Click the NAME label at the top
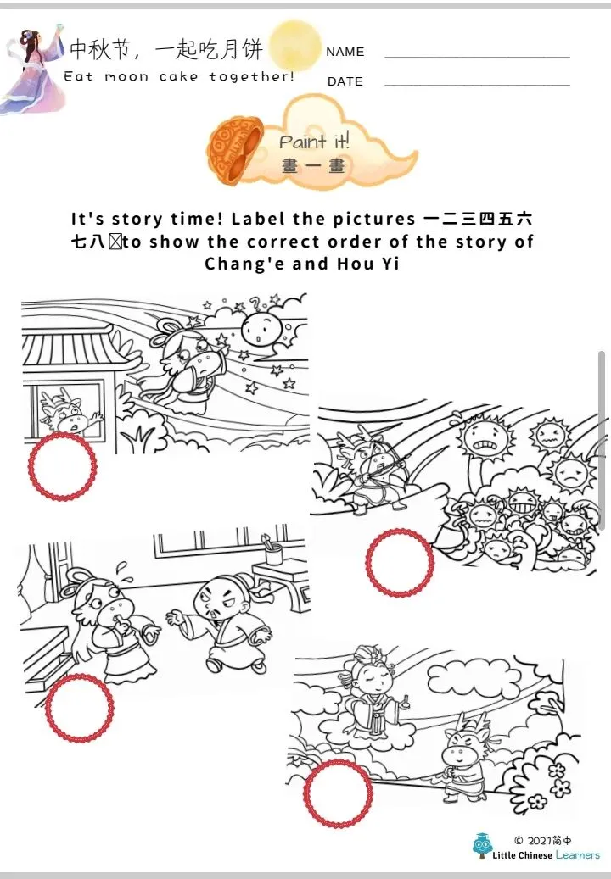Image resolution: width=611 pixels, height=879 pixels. (x=345, y=52)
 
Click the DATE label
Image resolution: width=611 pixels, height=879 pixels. (x=345, y=81)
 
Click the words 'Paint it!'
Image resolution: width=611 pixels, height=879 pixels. (x=314, y=141)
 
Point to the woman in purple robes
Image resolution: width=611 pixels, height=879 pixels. (x=34, y=70)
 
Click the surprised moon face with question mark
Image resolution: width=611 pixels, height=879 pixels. (x=261, y=329)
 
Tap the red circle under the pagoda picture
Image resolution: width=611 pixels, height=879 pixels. (x=62, y=466)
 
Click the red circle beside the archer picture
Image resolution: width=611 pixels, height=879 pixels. (x=400, y=562)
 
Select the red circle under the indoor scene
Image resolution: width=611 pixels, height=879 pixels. (x=79, y=708)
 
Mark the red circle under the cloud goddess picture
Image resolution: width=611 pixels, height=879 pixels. (x=337, y=793)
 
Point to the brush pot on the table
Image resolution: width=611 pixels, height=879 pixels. (x=272, y=549)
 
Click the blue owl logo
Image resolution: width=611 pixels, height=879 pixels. (x=482, y=845)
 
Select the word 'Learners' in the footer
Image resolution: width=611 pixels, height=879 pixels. (x=577, y=855)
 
